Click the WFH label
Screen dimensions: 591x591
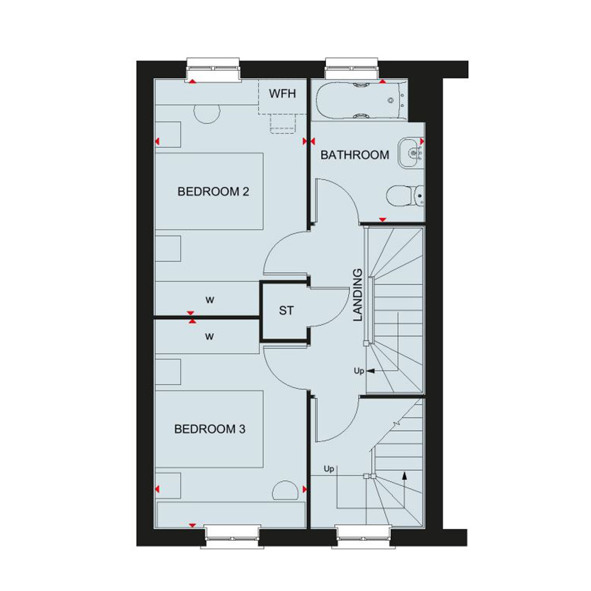pos(282,93)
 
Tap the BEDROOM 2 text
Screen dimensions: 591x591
pos(214,192)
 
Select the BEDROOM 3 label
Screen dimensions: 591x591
pos(210,429)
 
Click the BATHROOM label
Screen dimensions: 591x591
pos(355,155)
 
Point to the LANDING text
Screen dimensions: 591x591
pos(357,295)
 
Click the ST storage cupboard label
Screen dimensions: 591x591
pos(286,311)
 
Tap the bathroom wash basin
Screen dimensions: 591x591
pos(411,152)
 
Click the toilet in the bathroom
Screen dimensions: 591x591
pos(406,196)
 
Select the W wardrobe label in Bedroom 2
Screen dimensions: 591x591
pos(210,300)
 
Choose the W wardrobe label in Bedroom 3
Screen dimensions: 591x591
pos(210,336)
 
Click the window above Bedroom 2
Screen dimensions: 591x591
pos(213,70)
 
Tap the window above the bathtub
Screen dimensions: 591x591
pos(351,69)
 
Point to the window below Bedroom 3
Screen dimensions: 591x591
pos(233,536)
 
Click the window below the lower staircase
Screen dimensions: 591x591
pos(364,536)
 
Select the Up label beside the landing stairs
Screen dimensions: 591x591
pos(359,371)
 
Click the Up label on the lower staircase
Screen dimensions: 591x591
pos(329,469)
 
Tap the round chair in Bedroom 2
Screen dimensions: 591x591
pos(207,114)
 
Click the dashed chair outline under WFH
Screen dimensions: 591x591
pos(283,124)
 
